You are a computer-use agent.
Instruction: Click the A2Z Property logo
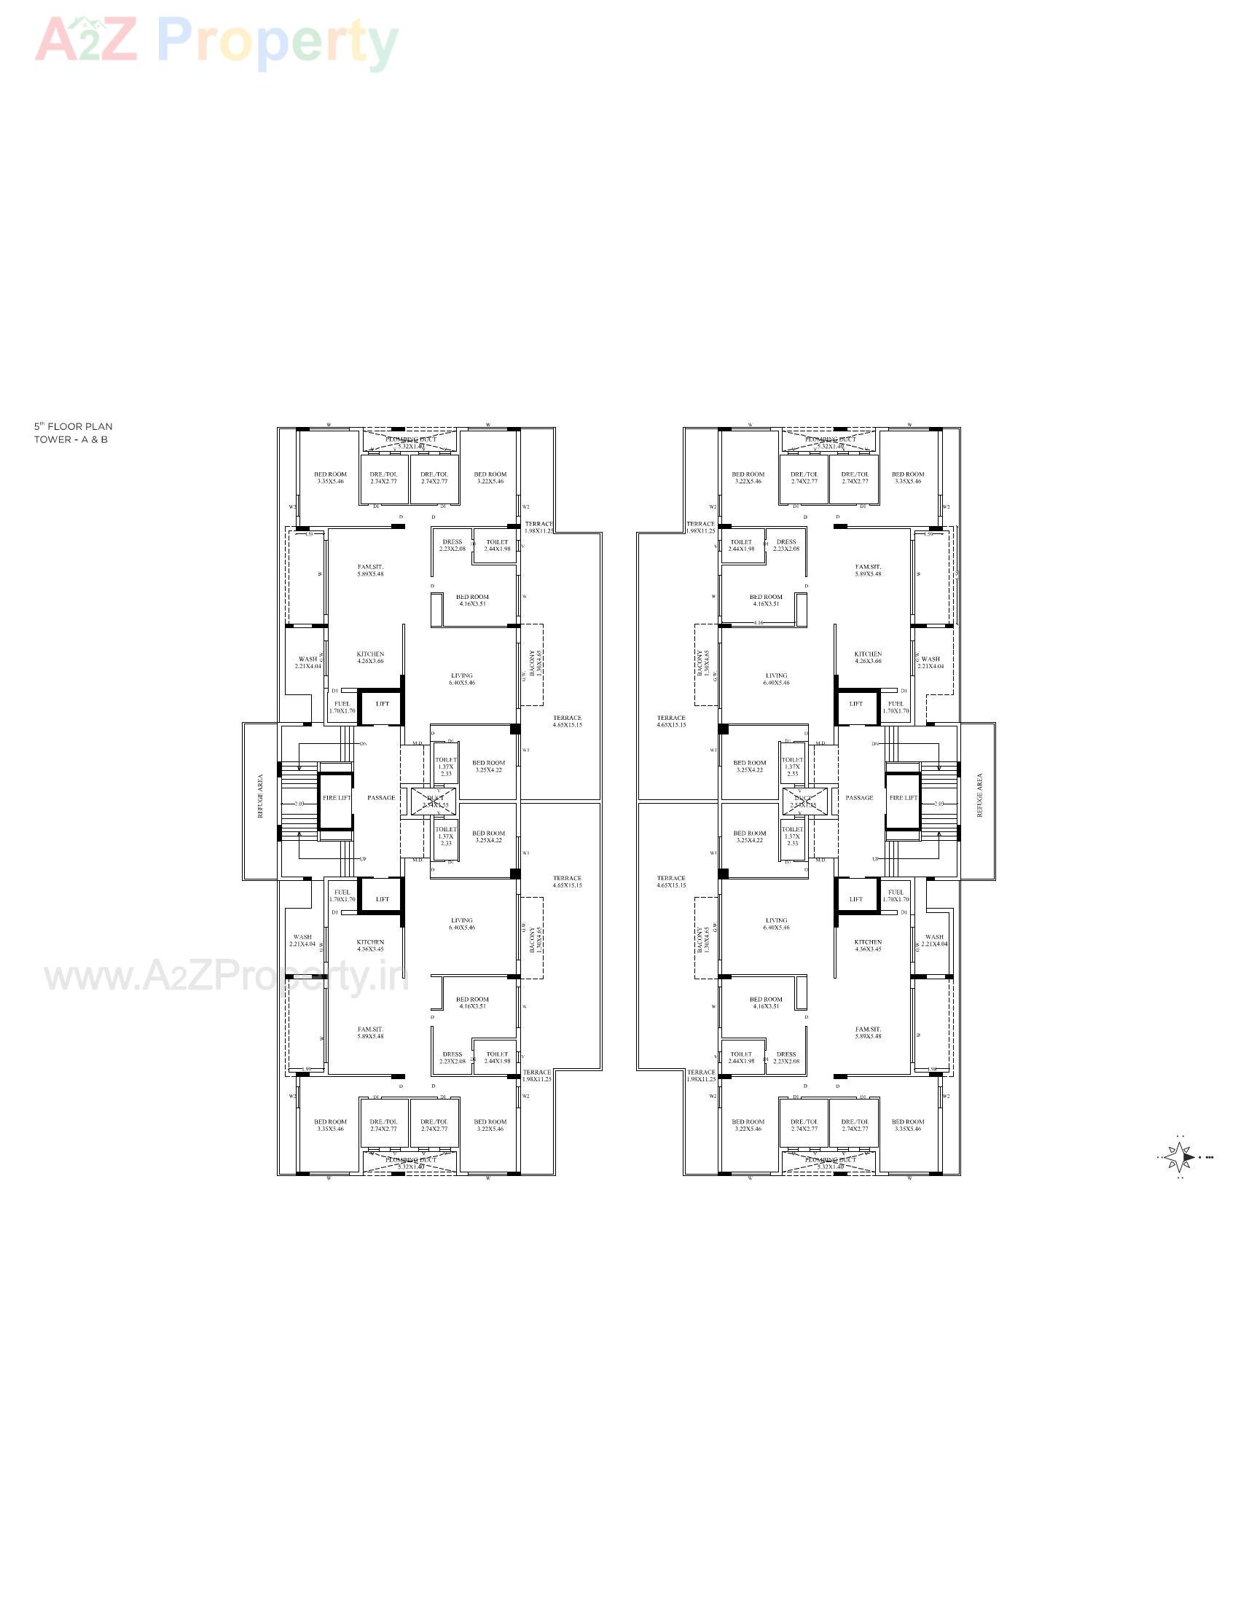tap(216, 42)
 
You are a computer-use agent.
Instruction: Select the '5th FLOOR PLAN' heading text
tap(74, 426)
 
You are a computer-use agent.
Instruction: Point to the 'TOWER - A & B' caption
tap(71, 439)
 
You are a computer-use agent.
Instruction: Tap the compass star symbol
tap(1178, 1158)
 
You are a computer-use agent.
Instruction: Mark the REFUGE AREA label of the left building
tap(260, 796)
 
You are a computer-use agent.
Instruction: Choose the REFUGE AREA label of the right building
tap(979, 796)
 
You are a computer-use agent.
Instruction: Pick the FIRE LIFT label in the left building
tap(337, 798)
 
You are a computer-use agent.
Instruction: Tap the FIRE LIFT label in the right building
tap(903, 798)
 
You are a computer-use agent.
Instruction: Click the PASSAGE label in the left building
tap(381, 798)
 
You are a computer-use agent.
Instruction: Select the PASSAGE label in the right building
tap(858, 798)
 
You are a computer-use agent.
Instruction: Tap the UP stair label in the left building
tap(363, 859)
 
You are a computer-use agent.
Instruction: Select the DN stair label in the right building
tap(874, 744)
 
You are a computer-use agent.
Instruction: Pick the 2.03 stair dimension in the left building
tap(299, 804)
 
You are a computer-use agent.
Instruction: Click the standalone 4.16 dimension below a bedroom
tap(759, 623)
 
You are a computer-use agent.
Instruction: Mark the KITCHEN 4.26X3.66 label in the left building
tap(370, 658)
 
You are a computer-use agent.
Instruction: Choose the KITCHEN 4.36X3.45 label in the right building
tap(867, 945)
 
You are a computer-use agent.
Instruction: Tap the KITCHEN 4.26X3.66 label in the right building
tap(867, 658)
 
